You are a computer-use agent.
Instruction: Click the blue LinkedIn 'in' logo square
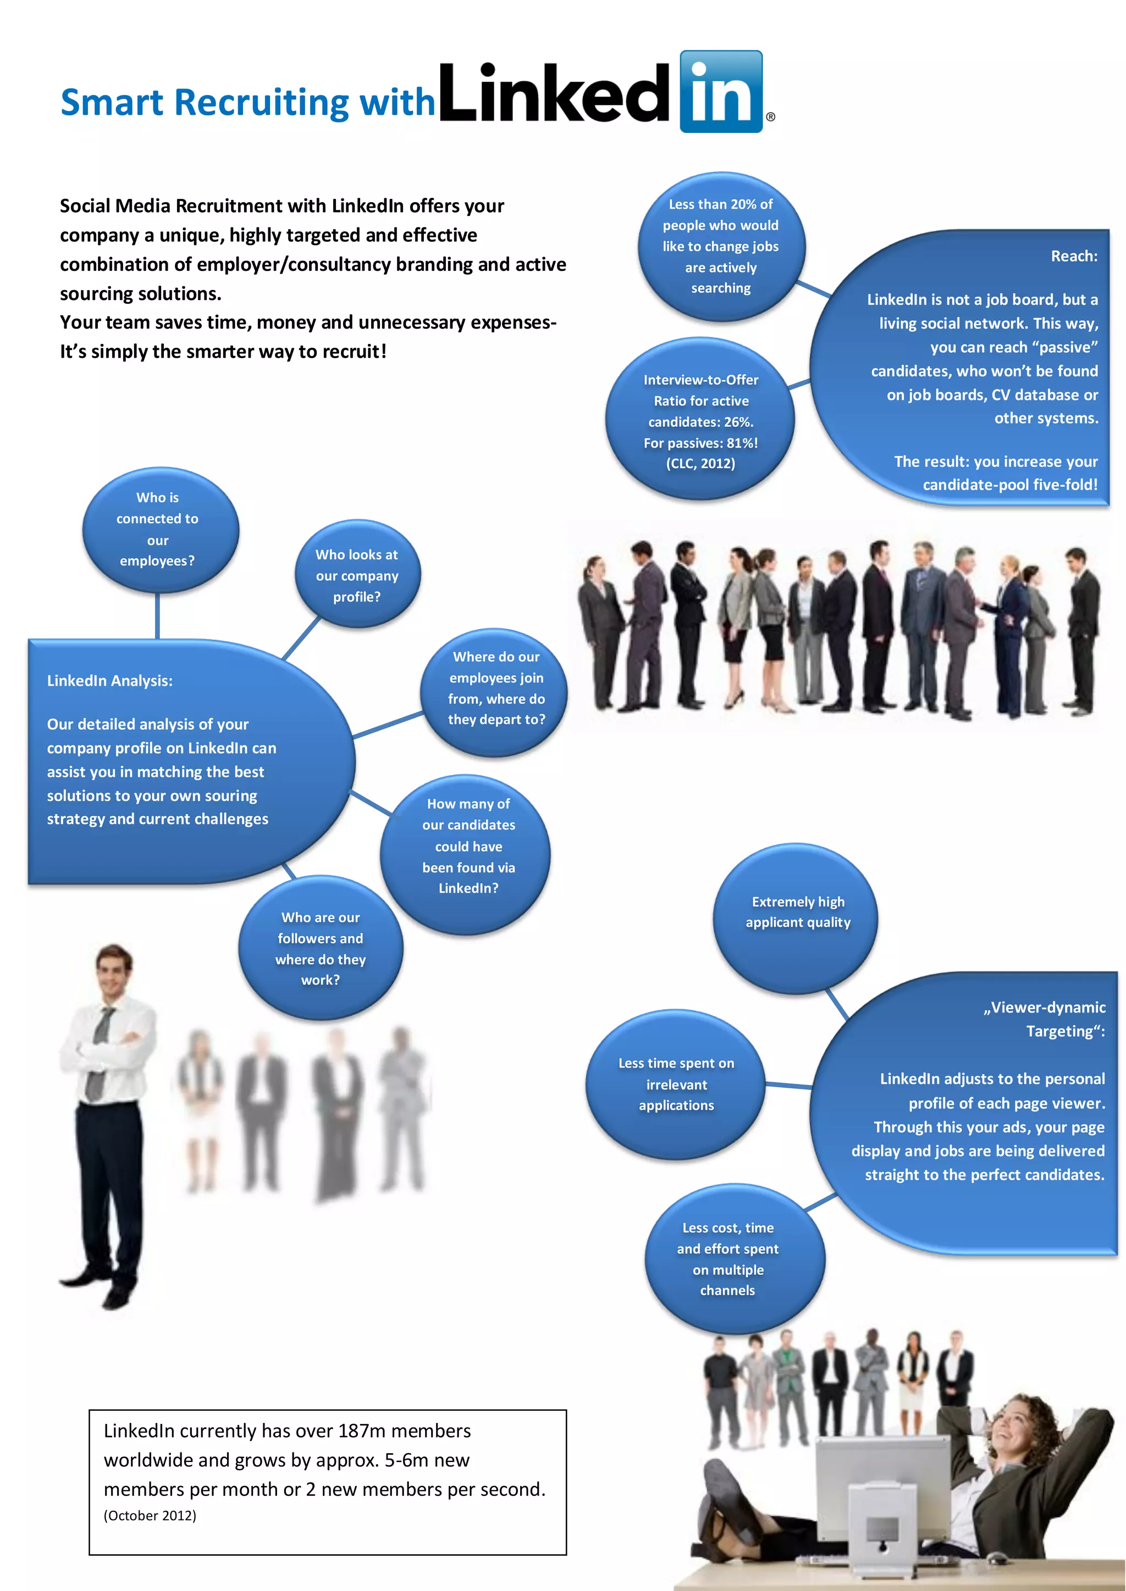(x=721, y=91)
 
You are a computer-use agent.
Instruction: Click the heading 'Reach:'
(x=1073, y=257)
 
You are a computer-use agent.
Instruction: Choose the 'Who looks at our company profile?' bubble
(x=357, y=575)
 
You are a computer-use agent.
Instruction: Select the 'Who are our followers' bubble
(x=321, y=948)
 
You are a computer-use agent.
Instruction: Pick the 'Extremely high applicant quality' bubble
(x=797, y=913)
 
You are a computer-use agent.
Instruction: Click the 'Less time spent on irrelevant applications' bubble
(x=676, y=1084)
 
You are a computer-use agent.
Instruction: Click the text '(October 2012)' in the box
(x=150, y=1516)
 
